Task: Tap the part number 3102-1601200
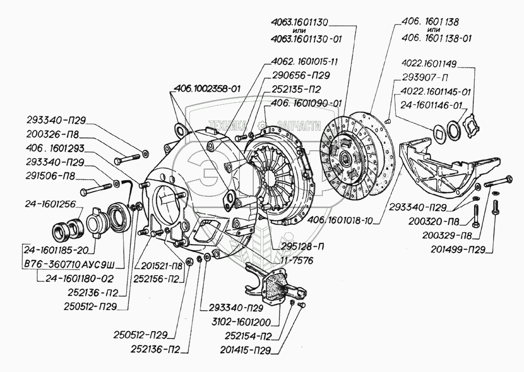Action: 241,323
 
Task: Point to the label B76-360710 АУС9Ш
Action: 70,265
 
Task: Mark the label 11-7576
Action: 294,260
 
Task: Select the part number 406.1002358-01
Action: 207,89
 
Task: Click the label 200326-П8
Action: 53,134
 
